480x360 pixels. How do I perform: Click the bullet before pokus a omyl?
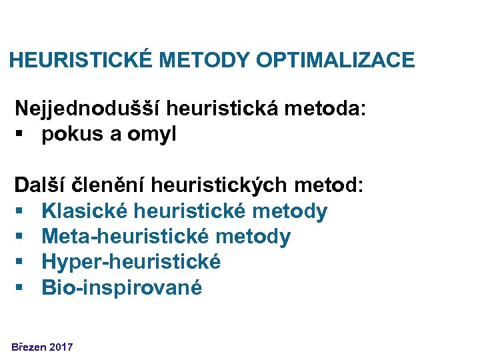click(22, 135)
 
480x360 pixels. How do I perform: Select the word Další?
click(39, 185)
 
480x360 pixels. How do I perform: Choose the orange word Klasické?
click(85, 211)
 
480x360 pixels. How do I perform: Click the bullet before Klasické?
click(22, 212)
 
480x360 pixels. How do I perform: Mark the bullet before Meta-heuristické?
click(22, 237)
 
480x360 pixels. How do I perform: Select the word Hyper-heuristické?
click(131, 262)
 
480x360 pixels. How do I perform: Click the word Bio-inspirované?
click(121, 287)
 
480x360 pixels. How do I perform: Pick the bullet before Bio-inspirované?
click(22, 288)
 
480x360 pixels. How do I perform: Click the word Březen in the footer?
click(27, 347)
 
